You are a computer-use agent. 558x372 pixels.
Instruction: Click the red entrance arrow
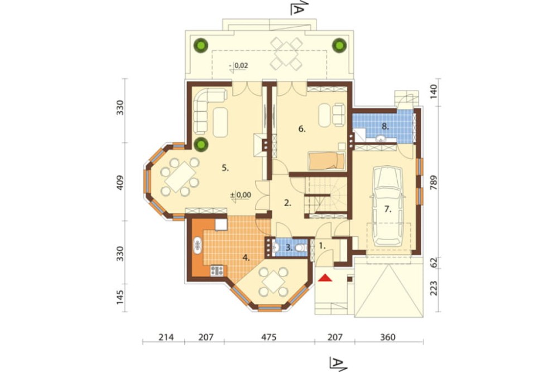click(x=325, y=278)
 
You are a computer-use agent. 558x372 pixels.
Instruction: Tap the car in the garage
click(x=387, y=206)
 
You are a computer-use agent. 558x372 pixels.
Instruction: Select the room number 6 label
click(x=302, y=130)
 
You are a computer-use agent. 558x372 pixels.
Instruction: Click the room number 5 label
click(x=225, y=168)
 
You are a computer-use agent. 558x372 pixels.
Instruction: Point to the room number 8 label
click(x=384, y=126)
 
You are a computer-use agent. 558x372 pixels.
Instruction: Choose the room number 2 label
click(x=287, y=203)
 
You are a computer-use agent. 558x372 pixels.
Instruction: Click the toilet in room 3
click(x=301, y=247)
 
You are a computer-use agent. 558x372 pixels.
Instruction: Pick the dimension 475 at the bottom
click(x=269, y=337)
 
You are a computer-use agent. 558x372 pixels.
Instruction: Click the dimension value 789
click(x=433, y=182)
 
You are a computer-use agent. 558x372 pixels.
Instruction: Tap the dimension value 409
click(x=120, y=182)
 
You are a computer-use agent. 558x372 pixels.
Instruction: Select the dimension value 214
click(x=166, y=337)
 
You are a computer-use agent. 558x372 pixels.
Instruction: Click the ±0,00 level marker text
click(x=240, y=195)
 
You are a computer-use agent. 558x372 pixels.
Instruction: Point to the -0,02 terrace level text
click(x=239, y=65)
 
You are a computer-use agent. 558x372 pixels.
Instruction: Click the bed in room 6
click(x=326, y=161)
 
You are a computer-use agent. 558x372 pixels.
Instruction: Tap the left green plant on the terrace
click(x=201, y=45)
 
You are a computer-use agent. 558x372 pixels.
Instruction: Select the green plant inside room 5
click(x=201, y=144)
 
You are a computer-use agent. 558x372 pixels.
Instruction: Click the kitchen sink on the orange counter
click(x=198, y=246)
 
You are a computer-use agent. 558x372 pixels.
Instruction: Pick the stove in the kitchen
click(x=217, y=271)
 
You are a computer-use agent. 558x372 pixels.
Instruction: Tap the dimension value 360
click(x=388, y=337)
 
